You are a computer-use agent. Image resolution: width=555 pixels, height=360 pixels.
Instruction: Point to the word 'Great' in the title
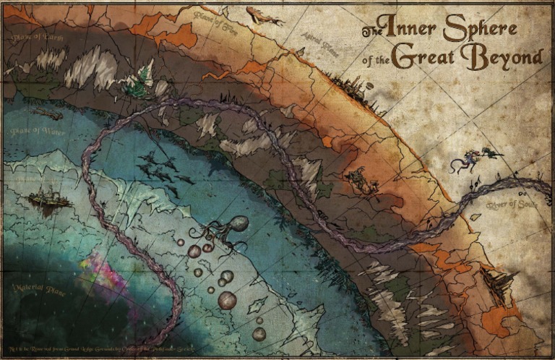point(427,58)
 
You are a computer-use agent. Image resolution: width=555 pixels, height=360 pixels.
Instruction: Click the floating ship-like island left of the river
point(48,198)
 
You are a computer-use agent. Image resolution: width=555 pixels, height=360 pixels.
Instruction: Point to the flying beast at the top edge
point(264,14)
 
